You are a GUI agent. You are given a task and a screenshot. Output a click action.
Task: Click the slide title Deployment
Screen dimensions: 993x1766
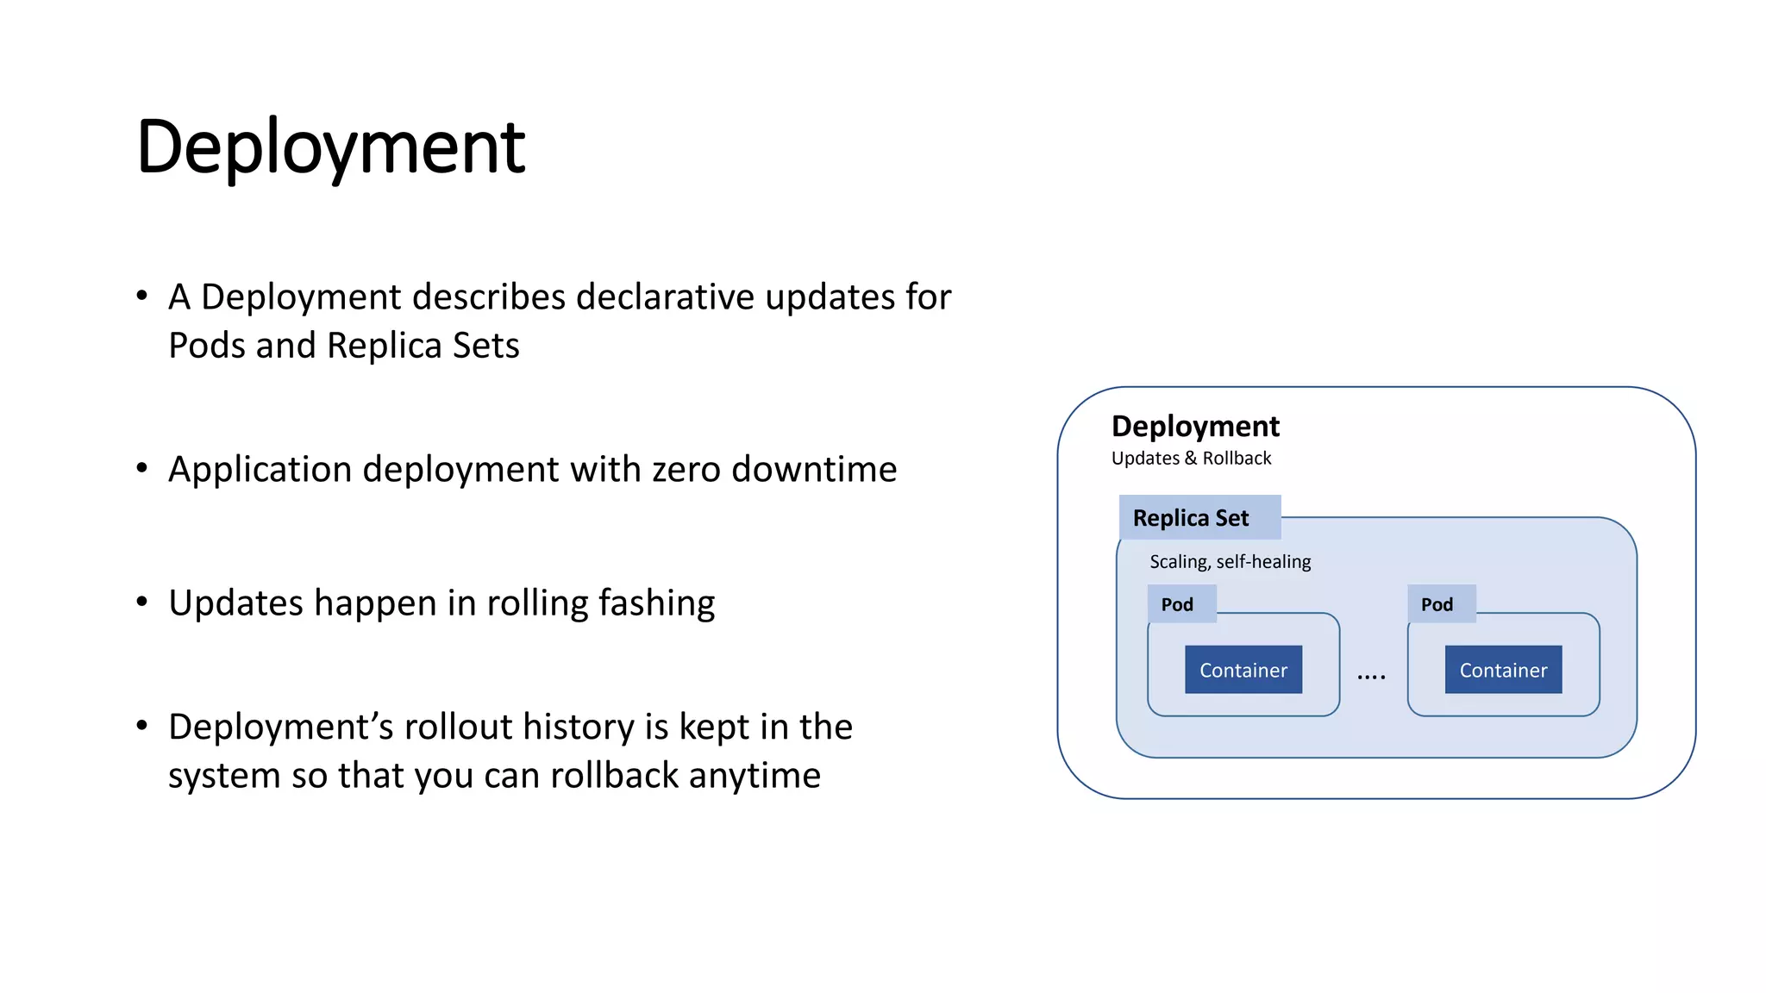click(x=330, y=147)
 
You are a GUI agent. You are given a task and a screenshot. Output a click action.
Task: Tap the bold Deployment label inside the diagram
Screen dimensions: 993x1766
click(x=1195, y=427)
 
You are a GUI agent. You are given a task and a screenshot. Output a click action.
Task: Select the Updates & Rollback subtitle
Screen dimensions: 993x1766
click(x=1191, y=459)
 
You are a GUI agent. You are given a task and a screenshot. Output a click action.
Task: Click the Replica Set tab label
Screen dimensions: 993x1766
click(x=1191, y=518)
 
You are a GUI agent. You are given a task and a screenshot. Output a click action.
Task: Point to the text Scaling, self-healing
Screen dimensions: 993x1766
click(x=1230, y=562)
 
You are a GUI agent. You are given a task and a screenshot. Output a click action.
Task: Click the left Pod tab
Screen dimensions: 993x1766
click(x=1177, y=604)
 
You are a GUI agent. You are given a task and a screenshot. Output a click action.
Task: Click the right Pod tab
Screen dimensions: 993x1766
click(x=1437, y=604)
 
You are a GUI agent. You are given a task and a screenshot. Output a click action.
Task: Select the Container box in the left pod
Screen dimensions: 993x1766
click(x=1243, y=670)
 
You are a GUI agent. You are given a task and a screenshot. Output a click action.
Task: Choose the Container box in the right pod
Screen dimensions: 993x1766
click(x=1503, y=670)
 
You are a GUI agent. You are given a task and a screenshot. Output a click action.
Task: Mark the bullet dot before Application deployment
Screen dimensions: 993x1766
click(x=142, y=468)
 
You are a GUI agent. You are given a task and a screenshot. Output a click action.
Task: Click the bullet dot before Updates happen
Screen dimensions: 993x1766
click(x=142, y=602)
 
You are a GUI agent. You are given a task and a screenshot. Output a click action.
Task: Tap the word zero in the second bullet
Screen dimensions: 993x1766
click(x=686, y=470)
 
